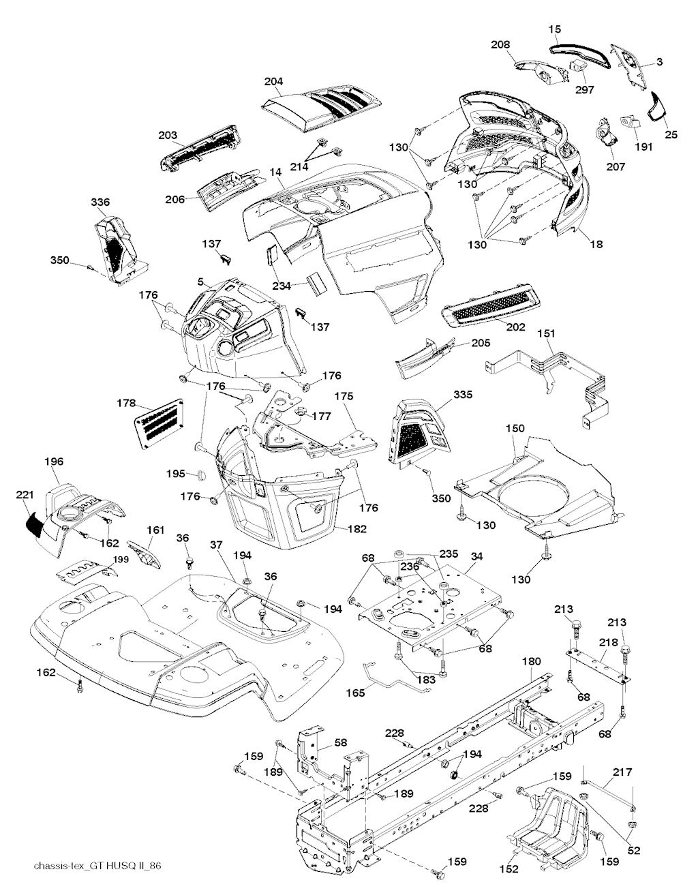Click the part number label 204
coord(273,82)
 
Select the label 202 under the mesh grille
coord(515,327)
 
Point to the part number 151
coord(546,333)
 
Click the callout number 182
coord(356,528)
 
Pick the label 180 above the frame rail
coord(531,661)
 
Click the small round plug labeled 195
coord(200,474)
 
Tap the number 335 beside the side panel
coord(462,395)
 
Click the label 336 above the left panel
coord(100,202)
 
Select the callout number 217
coord(622,772)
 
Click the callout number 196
coord(54,461)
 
